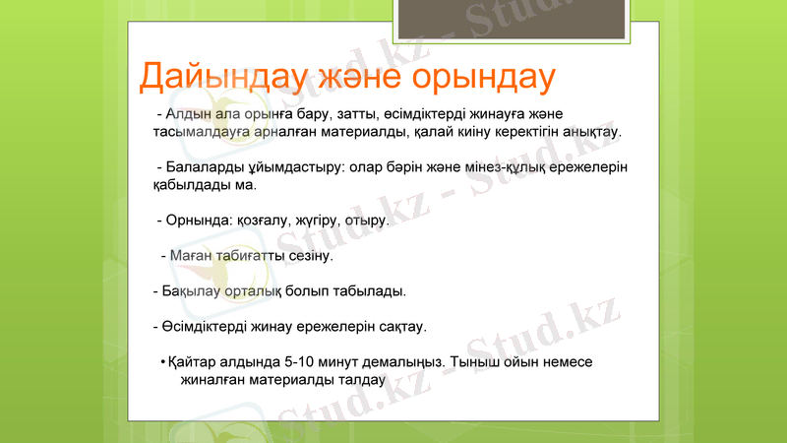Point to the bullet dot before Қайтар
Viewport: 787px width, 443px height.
(x=161, y=361)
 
